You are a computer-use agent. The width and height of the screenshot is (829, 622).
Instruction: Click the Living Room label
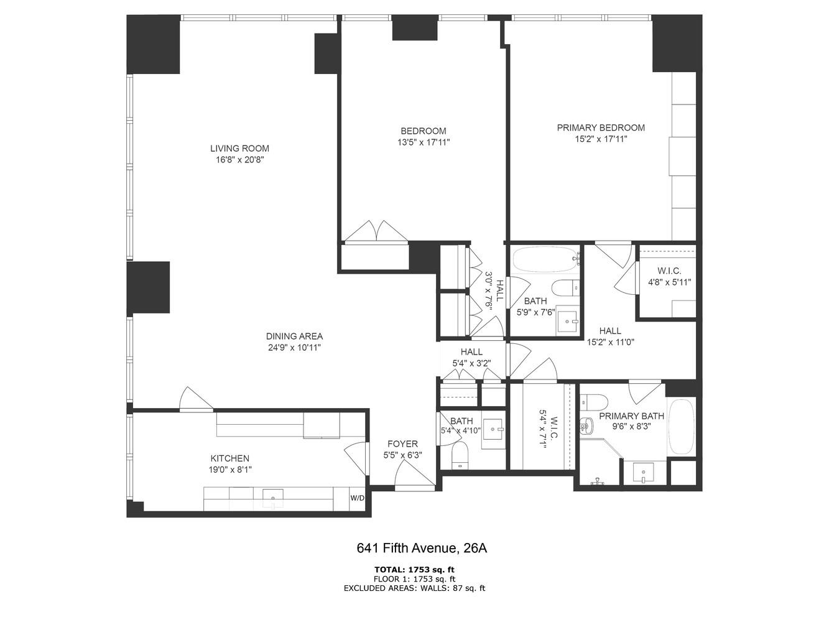[x=239, y=149]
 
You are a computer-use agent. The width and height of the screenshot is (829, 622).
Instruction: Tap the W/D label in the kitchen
[x=357, y=498]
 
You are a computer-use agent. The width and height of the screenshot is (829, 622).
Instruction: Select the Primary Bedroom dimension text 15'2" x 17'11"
[x=600, y=139]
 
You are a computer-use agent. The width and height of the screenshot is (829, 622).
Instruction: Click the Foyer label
[x=402, y=443]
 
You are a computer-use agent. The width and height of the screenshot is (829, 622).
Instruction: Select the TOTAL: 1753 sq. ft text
[x=414, y=569]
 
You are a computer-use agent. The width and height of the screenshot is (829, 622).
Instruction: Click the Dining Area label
[x=294, y=337]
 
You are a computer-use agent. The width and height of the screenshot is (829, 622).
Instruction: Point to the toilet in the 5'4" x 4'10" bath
[x=460, y=454]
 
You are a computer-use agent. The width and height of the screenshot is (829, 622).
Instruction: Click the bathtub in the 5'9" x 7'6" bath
[x=545, y=261]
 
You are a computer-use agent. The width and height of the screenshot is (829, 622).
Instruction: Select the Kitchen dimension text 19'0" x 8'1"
[x=230, y=470]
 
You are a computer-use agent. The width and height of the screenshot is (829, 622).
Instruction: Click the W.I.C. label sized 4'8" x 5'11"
[x=669, y=271]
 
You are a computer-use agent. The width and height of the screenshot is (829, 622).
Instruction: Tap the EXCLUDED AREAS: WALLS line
[x=414, y=588]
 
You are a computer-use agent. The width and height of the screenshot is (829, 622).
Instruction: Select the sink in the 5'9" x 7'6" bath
[x=567, y=321]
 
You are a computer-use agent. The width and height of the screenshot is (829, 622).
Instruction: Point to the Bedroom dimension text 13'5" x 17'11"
[x=423, y=142]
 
